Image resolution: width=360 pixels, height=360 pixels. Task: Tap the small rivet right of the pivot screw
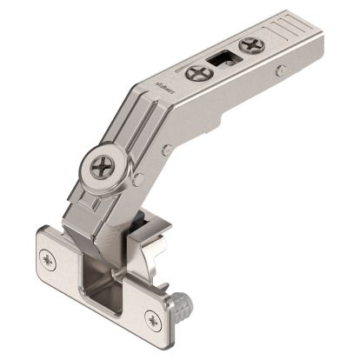(139, 178)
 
